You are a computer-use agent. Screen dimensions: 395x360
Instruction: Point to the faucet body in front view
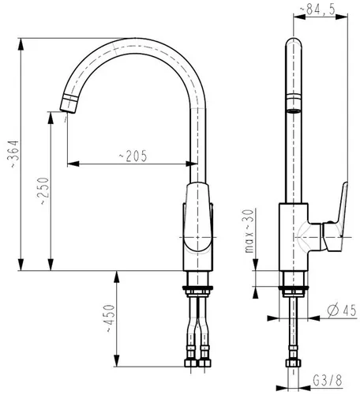pyautogui.click(x=198, y=229)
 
